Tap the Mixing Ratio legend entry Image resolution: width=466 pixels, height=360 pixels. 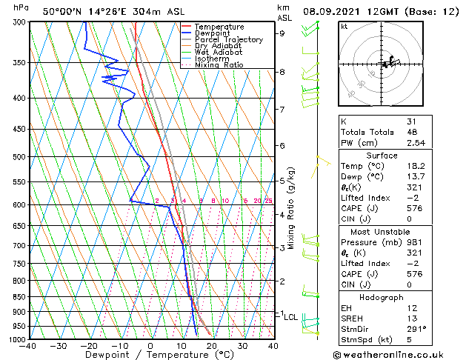pos(219,65)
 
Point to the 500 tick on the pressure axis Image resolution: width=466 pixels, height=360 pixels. pos(20,157)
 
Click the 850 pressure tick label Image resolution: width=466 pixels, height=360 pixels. pos(20,297)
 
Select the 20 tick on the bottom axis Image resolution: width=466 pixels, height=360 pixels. pos(212,346)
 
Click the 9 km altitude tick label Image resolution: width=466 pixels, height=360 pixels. pos(282,33)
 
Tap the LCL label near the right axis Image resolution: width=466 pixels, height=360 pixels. pos(291,317)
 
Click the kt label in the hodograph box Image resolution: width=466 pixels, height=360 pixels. pos(344,27)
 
